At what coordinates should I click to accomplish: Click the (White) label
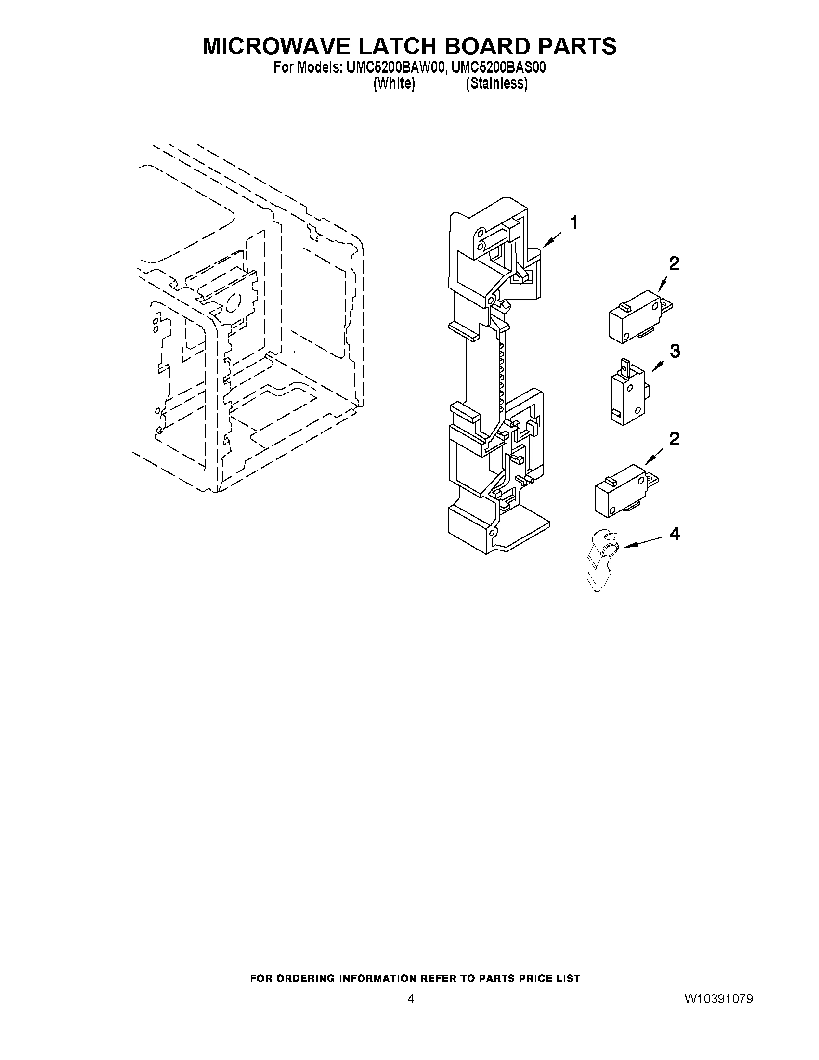coord(393,83)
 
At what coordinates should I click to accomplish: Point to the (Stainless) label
coord(496,83)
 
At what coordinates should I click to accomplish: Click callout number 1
coord(574,224)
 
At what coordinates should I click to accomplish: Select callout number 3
coord(675,351)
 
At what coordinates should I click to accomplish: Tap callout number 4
coord(675,534)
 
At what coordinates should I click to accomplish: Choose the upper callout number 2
coord(674,263)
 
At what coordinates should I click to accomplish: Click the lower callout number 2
coord(674,439)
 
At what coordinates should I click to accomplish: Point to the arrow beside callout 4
coord(643,542)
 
